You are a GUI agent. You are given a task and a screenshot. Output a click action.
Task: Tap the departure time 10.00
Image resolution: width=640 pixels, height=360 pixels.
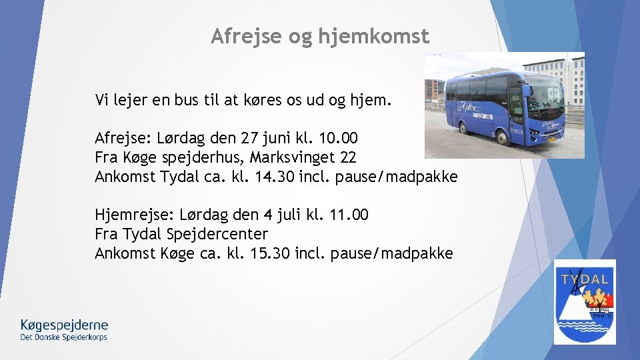click(339, 139)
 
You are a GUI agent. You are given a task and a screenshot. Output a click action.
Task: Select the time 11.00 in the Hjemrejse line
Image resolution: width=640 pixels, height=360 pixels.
click(349, 215)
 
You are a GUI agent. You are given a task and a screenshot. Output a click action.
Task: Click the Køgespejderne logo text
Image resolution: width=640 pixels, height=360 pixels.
click(64, 325)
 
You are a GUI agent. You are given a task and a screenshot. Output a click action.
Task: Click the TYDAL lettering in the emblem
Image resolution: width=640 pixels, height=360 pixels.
click(585, 279)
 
